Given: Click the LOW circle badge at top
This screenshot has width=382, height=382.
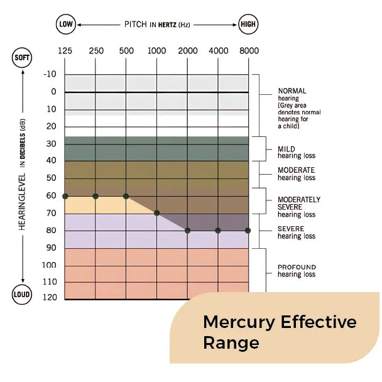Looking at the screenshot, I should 65,25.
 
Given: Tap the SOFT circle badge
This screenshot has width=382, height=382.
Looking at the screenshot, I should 21,58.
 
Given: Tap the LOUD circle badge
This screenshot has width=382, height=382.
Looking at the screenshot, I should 21,295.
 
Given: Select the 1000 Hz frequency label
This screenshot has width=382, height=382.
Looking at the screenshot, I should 157,51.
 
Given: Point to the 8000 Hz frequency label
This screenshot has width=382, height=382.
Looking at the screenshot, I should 248,51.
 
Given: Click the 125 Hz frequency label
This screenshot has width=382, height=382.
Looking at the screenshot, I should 65,51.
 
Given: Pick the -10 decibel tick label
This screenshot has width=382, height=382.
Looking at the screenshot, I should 50,75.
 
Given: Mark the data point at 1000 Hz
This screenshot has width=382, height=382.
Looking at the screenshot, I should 157,214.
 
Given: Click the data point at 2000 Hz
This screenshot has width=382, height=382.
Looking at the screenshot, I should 188,231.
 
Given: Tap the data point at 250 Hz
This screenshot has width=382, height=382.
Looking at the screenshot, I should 95,196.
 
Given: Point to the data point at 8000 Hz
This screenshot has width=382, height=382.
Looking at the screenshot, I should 248,231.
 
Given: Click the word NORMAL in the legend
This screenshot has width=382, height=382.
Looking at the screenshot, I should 292,91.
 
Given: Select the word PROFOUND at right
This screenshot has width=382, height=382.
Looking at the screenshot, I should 297,267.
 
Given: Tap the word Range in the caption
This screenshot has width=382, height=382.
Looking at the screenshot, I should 231,343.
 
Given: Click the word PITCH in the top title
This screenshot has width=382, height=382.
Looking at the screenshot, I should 136,25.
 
